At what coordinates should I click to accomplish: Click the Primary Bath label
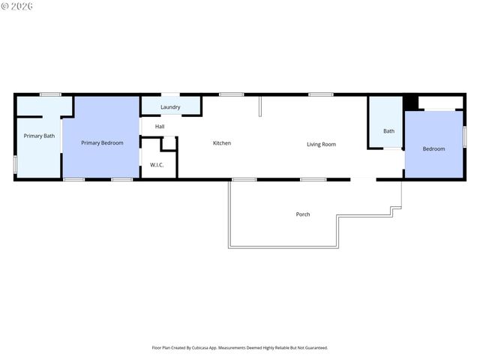(x=39, y=136)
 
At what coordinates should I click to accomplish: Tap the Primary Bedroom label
(x=102, y=142)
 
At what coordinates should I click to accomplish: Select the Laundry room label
(x=170, y=107)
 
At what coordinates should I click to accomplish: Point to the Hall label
(x=160, y=126)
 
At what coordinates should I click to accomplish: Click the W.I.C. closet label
(x=157, y=164)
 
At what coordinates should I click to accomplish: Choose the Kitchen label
(x=221, y=143)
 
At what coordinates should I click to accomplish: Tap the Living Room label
(x=321, y=144)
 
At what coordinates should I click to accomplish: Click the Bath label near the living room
(x=388, y=131)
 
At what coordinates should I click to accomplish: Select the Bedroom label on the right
(x=433, y=148)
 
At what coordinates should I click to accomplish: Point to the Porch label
(x=302, y=214)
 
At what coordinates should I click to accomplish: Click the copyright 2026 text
(x=18, y=6)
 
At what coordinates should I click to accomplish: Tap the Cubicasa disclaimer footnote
(x=240, y=348)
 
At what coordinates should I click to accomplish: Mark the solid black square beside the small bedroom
(x=410, y=102)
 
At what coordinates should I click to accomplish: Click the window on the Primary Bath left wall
(x=15, y=164)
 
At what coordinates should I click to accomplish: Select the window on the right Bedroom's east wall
(x=464, y=136)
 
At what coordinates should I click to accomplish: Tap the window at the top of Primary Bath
(x=50, y=94)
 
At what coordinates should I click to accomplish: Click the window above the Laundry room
(x=170, y=94)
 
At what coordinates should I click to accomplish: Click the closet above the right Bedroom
(x=440, y=103)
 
